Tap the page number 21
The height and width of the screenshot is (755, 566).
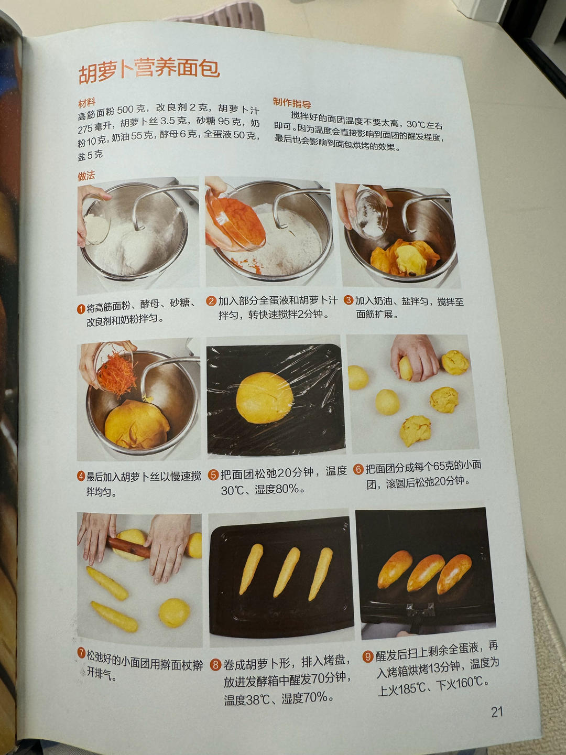[497, 711]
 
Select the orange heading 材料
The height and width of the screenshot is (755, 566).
[86, 102]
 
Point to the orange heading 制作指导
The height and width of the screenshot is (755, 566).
[292, 103]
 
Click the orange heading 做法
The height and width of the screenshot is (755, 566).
[86, 176]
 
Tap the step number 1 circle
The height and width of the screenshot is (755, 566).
[81, 309]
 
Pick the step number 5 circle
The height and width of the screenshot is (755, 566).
[213, 475]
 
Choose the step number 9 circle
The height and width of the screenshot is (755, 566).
[367, 656]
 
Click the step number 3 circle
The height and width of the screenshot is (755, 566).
[349, 300]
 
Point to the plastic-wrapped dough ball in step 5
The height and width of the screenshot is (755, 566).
[264, 397]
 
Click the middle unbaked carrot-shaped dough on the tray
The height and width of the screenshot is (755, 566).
[287, 571]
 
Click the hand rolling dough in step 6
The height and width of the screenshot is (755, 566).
[415, 358]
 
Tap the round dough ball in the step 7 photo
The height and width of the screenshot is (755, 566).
[174, 613]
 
